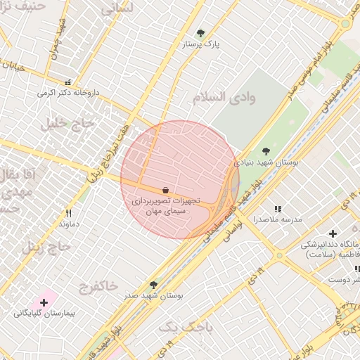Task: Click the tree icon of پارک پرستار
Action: click(x=200, y=33)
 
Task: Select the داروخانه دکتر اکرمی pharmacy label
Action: click(x=66, y=93)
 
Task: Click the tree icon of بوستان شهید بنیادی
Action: click(x=266, y=150)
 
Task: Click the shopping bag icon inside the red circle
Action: click(x=165, y=190)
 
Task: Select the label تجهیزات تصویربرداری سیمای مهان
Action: click(x=165, y=205)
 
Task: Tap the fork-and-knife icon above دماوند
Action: click(x=68, y=213)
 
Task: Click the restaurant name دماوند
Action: click(x=68, y=224)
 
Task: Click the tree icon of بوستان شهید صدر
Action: click(x=153, y=285)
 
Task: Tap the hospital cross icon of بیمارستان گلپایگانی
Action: click(x=44, y=302)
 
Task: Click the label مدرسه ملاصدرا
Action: click(x=278, y=220)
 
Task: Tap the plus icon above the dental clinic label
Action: click(x=333, y=233)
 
